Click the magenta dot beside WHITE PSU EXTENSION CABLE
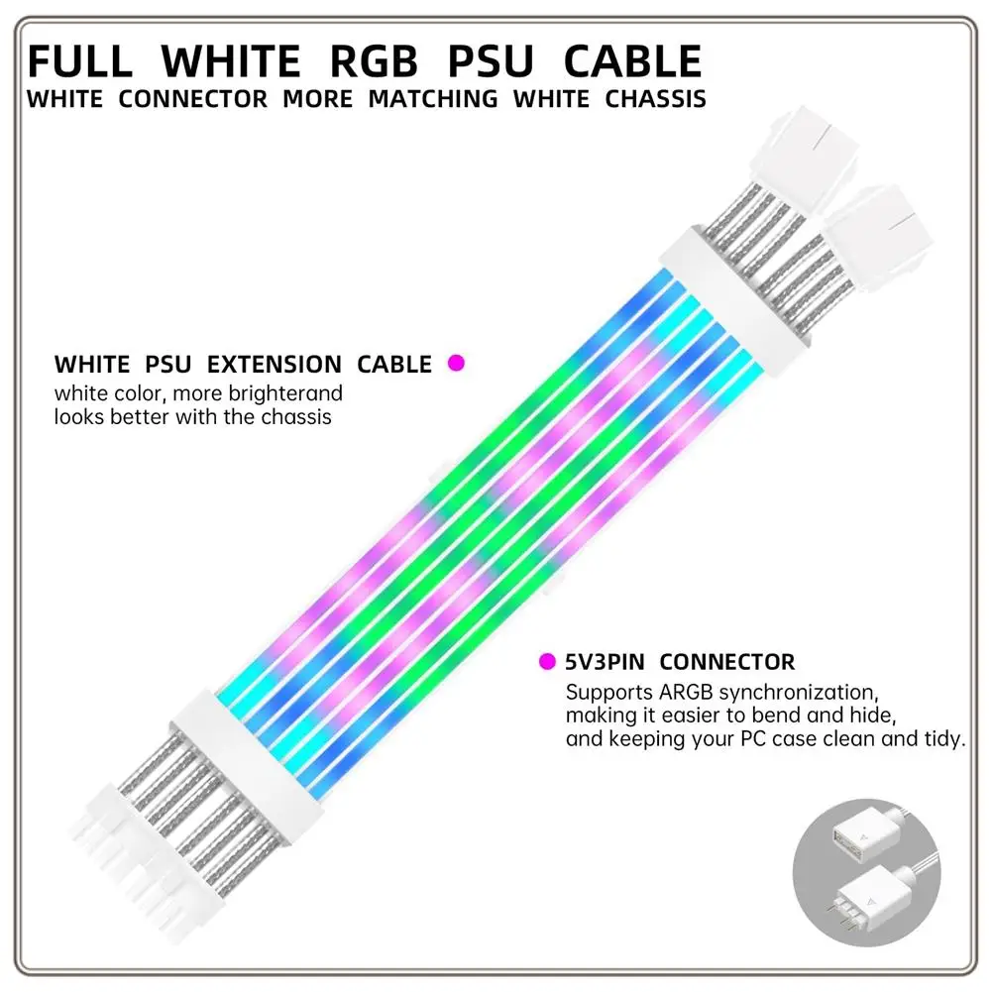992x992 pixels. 456,364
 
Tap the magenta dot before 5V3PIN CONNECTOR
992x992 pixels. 546,661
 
